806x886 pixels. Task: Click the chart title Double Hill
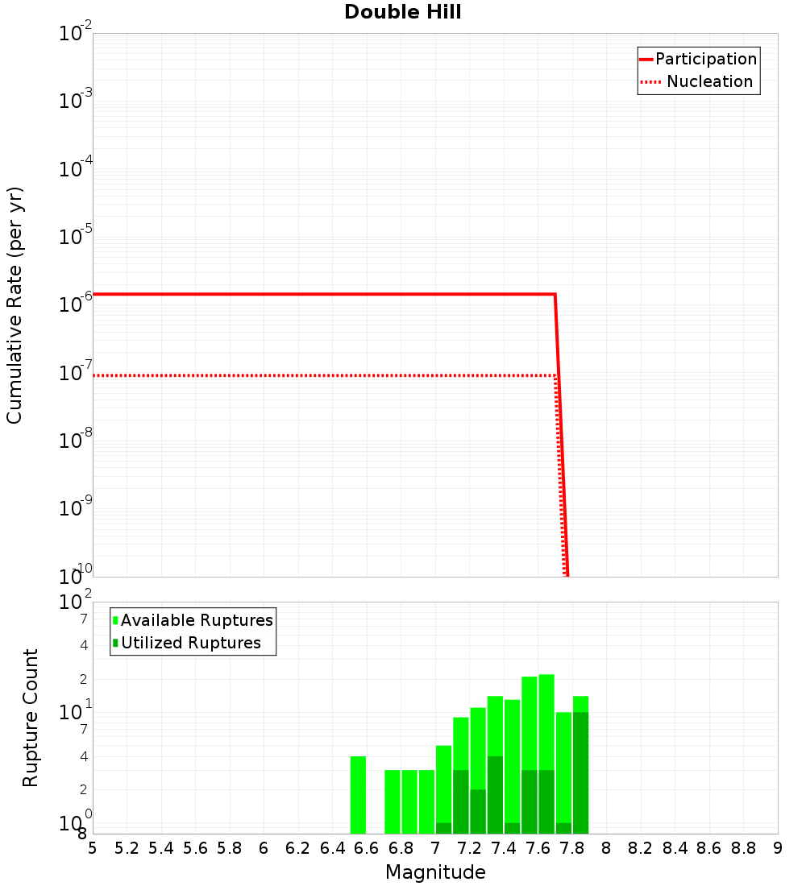(402, 13)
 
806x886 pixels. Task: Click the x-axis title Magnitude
(435, 872)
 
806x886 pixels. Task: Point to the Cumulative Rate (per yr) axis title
(15, 305)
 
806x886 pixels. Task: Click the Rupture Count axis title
(31, 718)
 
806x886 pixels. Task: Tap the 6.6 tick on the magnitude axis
(367, 848)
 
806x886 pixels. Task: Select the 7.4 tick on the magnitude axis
(504, 848)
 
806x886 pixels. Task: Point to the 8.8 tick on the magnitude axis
(743, 848)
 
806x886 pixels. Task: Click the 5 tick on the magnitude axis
(93, 848)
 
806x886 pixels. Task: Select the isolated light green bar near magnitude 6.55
(358, 794)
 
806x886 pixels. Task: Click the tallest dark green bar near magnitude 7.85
(580, 772)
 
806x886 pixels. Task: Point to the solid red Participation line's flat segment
(322, 295)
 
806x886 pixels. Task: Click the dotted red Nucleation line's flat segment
(322, 376)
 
